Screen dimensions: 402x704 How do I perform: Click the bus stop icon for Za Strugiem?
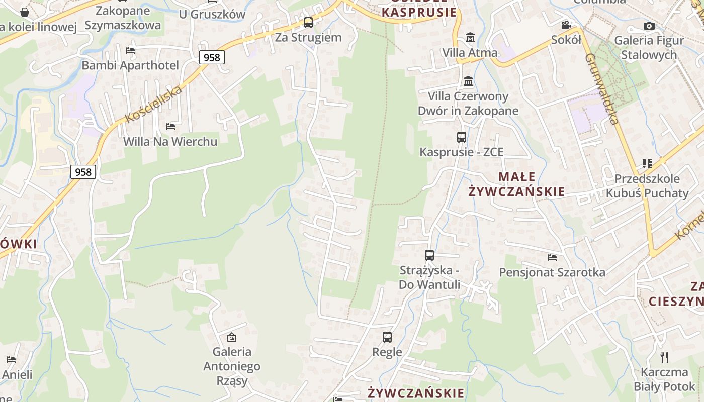coord(308,23)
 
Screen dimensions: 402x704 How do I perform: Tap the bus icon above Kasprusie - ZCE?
coord(461,137)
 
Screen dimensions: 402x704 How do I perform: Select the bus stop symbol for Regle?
coord(387,337)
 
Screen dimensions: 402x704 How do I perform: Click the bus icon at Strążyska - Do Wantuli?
coord(429,255)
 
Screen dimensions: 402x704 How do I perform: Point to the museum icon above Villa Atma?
coord(470,38)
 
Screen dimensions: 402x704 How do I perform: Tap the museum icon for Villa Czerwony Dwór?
coord(468,81)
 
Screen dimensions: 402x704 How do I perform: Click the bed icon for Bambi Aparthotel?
coord(130,50)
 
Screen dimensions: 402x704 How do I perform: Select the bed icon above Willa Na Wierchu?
coord(170,126)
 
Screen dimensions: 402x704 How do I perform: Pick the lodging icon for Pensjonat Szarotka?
coord(552,258)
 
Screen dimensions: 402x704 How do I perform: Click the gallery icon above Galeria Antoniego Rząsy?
coord(232,337)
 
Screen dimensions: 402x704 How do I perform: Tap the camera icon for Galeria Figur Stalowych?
coord(649,26)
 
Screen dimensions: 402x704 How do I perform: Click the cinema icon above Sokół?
coord(566,25)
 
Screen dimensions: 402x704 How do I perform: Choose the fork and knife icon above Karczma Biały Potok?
coord(664,357)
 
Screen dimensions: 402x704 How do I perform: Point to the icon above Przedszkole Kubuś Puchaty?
coord(647,164)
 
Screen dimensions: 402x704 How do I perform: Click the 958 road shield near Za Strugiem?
coord(212,57)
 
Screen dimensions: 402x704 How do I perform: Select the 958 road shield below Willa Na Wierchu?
coord(83,172)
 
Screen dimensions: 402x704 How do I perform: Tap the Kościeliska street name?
coord(153,105)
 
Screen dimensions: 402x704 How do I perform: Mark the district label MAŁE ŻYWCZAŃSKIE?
coord(516,184)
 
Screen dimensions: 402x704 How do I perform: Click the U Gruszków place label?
coord(212,14)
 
